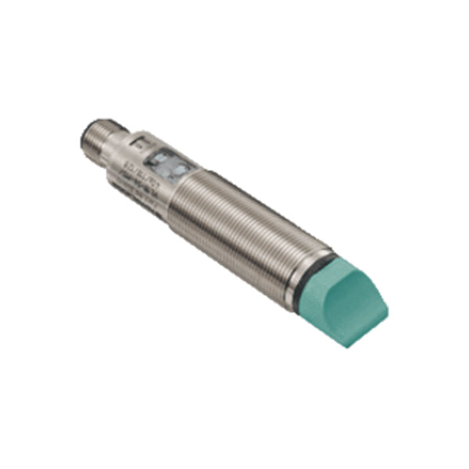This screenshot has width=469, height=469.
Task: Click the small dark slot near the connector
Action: click(138, 141)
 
